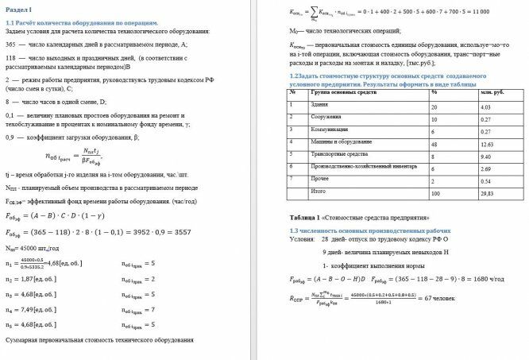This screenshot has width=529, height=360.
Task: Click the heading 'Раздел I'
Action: pyautogui.click(x=18, y=7)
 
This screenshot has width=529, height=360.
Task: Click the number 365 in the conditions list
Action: pyautogui.click(x=11, y=45)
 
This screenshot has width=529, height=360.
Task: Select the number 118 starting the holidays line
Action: pyautogui.click(x=11, y=59)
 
